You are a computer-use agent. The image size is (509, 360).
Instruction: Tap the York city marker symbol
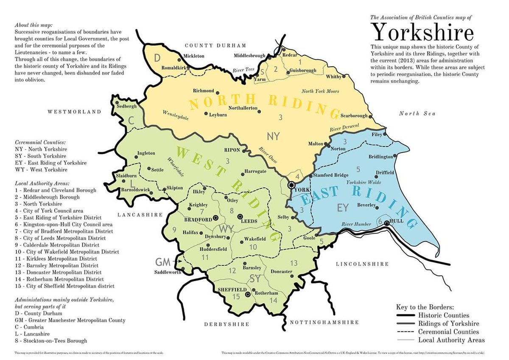[291, 185]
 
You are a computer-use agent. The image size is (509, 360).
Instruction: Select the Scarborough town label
[353, 116]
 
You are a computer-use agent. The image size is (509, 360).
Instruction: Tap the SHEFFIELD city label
[232, 289]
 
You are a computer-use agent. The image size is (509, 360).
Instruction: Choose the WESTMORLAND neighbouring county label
[74, 112]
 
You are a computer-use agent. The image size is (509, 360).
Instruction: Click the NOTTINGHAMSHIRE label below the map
[324, 323]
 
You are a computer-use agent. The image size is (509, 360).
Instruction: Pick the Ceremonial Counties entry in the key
[449, 332]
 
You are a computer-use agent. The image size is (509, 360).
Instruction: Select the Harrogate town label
[256, 172]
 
